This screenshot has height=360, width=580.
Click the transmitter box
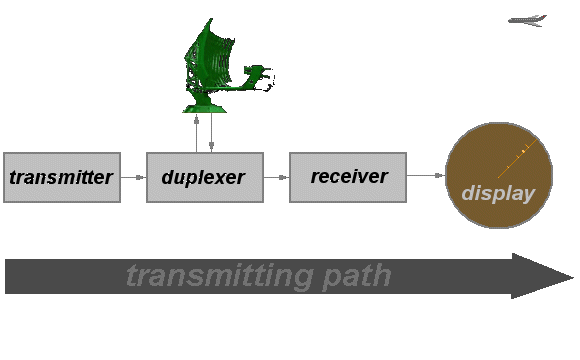point(62,177)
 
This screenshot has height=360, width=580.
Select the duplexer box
point(205,177)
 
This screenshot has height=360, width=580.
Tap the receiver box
point(348,177)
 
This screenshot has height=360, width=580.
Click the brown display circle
point(499,175)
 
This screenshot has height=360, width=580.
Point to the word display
point(498,193)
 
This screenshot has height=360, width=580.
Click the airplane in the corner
point(527,20)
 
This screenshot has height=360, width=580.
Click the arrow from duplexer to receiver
point(277,177)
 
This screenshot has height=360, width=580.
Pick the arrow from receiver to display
point(426,175)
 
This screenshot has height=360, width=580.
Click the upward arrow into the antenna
point(196,133)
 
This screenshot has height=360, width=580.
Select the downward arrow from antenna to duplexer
point(211,132)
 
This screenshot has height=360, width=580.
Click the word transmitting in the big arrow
point(220,276)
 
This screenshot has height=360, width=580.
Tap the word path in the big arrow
point(357,276)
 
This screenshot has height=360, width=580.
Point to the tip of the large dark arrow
point(574,277)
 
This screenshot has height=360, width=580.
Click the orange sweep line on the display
point(517,158)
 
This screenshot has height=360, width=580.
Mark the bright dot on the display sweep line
point(523,151)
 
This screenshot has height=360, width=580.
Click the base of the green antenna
point(205,109)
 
